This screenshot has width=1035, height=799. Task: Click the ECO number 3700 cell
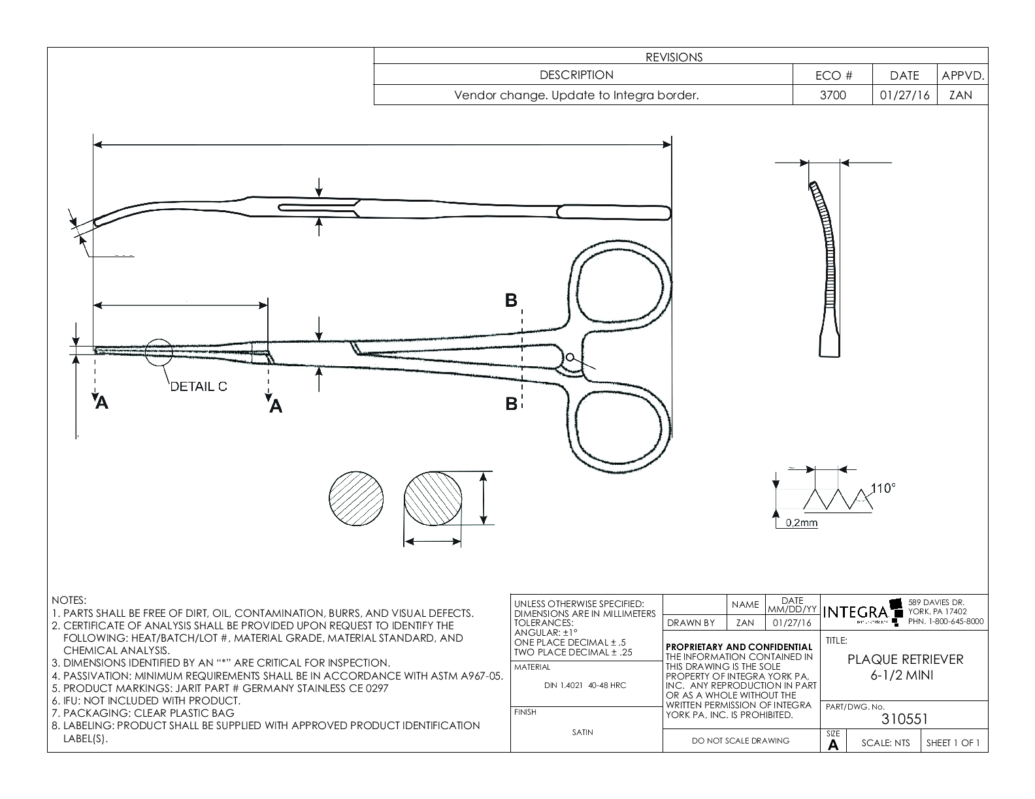pos(832,95)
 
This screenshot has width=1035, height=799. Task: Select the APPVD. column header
pos(962,76)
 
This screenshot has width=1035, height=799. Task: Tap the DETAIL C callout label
pos(199,386)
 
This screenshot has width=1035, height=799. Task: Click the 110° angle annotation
pos(883,488)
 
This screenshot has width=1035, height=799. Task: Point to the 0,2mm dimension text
pos(801,523)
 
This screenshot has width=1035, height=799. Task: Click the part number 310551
pos(904,719)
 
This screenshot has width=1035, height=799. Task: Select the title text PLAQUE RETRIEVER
pos(905,659)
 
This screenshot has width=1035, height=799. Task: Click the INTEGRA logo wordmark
pos(856,613)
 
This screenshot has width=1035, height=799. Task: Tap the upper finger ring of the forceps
pos(622,288)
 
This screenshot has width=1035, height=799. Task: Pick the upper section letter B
pos(511,300)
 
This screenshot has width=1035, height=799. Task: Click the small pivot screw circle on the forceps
pos(570,357)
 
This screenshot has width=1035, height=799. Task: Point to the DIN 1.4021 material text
pos(585,685)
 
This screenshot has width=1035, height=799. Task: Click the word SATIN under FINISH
pos(582,732)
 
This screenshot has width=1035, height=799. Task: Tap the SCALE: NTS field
pos(885,743)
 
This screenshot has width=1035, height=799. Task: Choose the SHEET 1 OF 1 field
pos(953,743)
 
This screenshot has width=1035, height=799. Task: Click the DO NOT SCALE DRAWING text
pos(740,740)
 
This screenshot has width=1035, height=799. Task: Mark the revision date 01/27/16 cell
pos(904,95)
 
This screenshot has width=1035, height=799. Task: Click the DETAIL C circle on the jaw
pos(159,352)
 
